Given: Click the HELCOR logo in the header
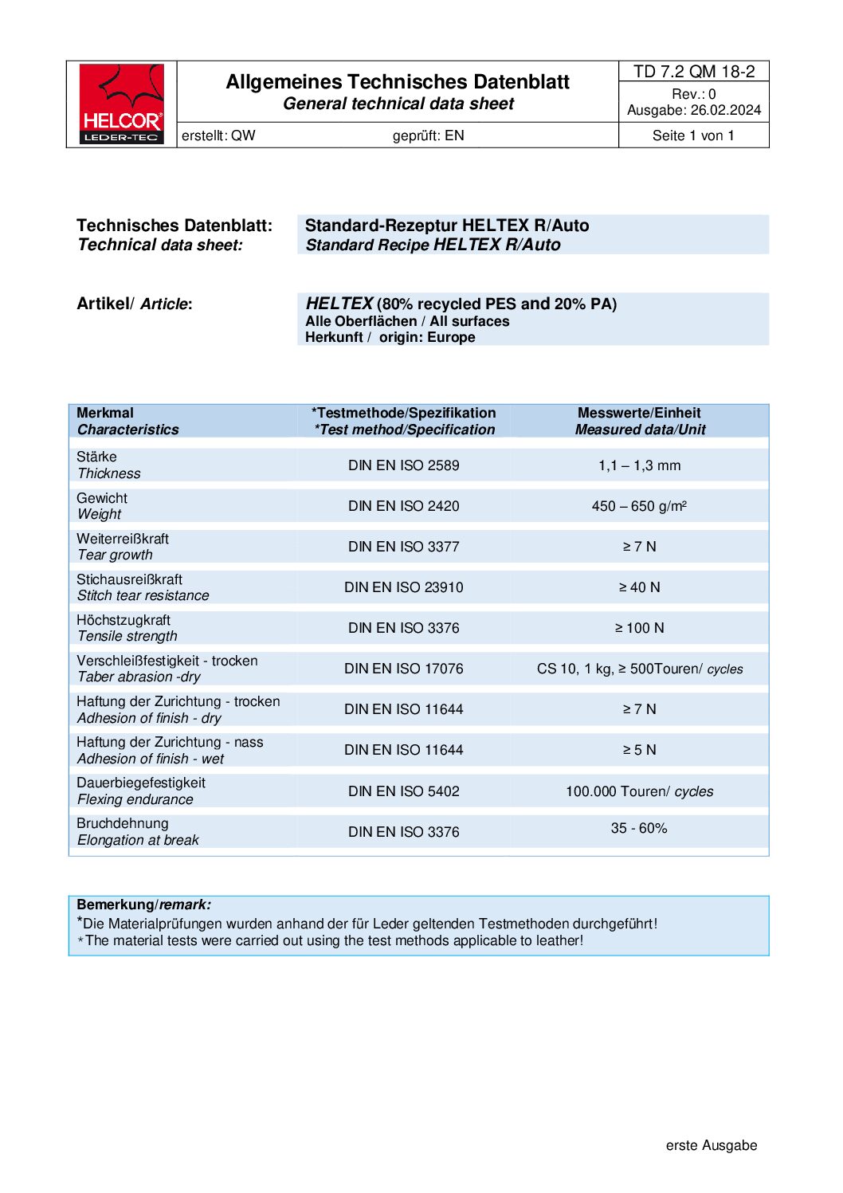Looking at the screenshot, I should pyautogui.click(x=121, y=104).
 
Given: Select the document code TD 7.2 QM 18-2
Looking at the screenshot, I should pyautogui.click(x=694, y=72).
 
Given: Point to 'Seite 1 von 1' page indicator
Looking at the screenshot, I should pyautogui.click(x=693, y=135).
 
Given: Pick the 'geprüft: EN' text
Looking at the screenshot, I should pyautogui.click(x=428, y=135).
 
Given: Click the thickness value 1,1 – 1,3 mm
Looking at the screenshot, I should pyautogui.click(x=639, y=465).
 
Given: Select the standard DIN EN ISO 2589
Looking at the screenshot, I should pyautogui.click(x=403, y=465).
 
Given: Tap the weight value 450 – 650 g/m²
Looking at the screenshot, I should pyautogui.click(x=639, y=506).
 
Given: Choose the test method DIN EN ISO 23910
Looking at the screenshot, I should pyautogui.click(x=403, y=587).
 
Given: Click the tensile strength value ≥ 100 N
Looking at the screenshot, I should pyautogui.click(x=639, y=628).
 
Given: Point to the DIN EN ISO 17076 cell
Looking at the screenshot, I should pyautogui.click(x=403, y=669).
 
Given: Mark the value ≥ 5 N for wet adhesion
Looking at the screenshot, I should pyautogui.click(x=639, y=750).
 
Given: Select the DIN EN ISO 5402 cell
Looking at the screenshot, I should pyautogui.click(x=403, y=791).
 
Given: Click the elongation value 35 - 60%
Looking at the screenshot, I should pyautogui.click(x=639, y=829).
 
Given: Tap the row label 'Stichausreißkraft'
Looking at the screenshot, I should pyautogui.click(x=129, y=579).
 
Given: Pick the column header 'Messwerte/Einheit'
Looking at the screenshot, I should pyautogui.click(x=639, y=413).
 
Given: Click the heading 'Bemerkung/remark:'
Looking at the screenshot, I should pyautogui.click(x=143, y=905).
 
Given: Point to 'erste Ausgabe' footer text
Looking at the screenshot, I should pyautogui.click(x=712, y=1145).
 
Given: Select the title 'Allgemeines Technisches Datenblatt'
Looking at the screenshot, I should pyautogui.click(x=398, y=82).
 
